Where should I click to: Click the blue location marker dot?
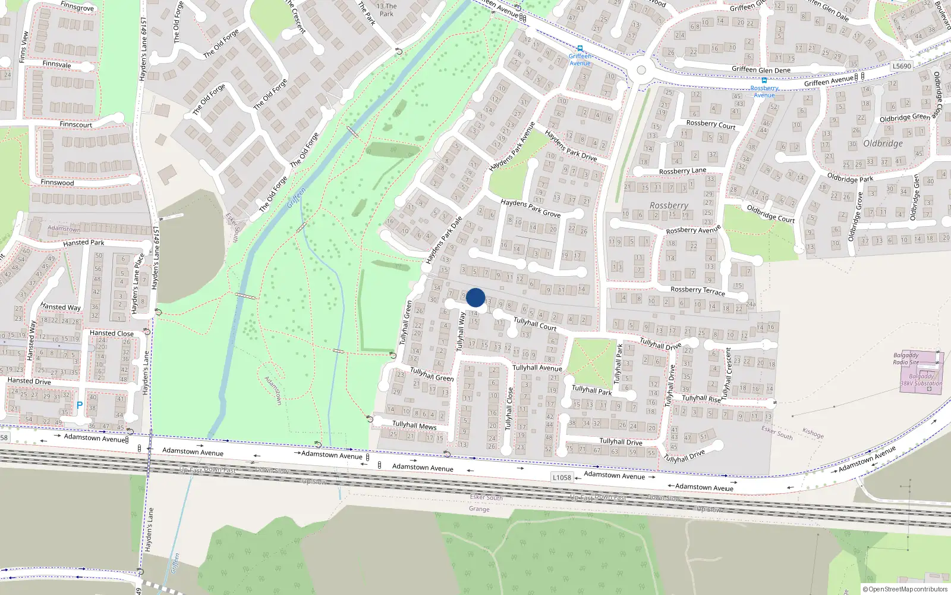point(475,297)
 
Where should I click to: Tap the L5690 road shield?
point(902,66)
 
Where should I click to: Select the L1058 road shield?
point(562,477)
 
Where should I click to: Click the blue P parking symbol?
point(80,405)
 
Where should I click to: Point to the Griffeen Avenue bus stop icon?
point(580,49)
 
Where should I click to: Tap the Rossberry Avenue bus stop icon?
point(764,80)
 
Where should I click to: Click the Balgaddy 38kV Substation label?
point(921,380)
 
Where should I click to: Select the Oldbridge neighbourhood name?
point(883,143)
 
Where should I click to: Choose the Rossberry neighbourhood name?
point(669,205)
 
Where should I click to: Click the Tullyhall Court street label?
point(535,324)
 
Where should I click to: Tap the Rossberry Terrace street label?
point(698,290)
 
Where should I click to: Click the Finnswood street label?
point(58,183)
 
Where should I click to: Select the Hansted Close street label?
point(112,333)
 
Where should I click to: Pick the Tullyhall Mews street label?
point(414,425)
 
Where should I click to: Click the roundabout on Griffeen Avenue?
point(641,70)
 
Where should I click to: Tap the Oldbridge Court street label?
point(770,214)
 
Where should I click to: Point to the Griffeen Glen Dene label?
point(761,70)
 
